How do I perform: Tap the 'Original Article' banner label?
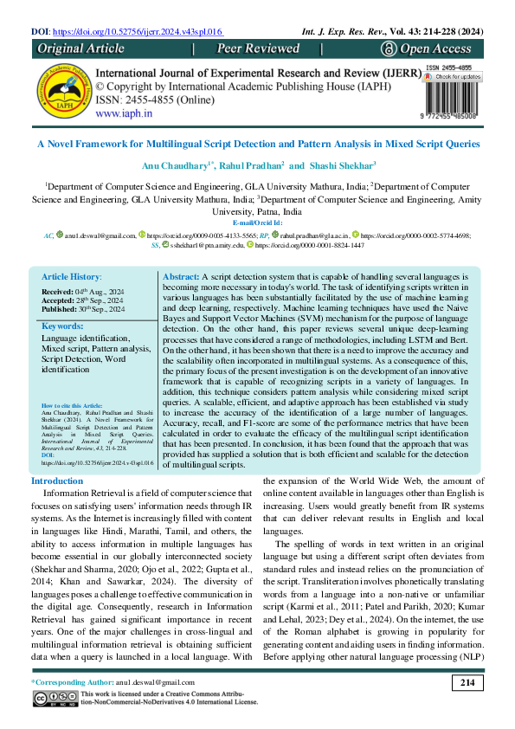coord(81,48)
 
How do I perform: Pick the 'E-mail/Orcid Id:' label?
coord(257,223)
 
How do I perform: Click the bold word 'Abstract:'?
coord(181,275)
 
